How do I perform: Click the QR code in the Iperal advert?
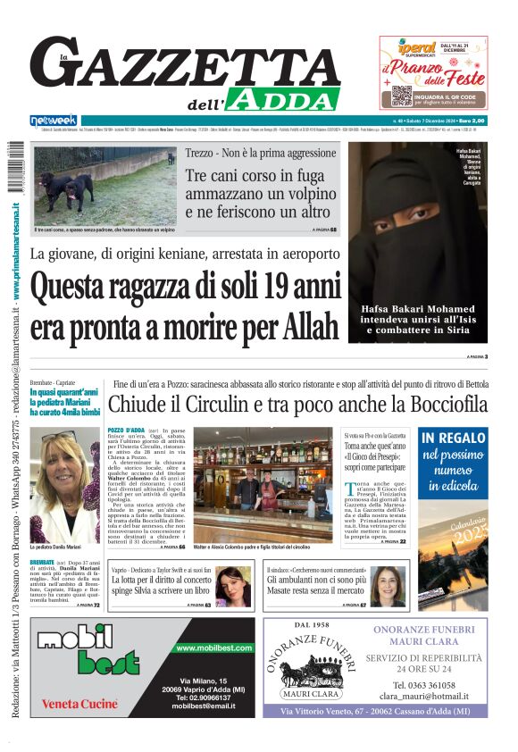coord(401,95)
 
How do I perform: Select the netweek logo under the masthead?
coord(53,120)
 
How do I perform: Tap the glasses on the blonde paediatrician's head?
coord(59,437)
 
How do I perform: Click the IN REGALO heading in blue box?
coord(454,438)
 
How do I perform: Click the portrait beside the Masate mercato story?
coord(388,587)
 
